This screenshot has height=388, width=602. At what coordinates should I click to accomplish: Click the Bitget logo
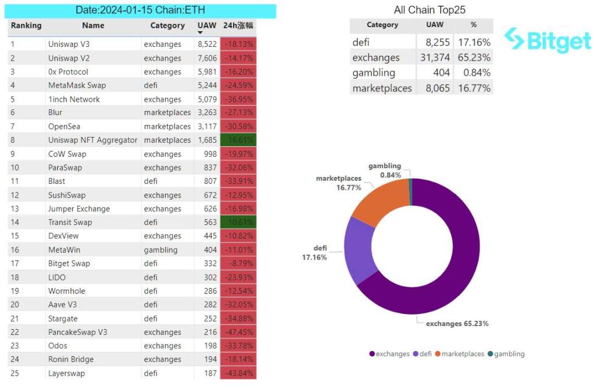pos(547,40)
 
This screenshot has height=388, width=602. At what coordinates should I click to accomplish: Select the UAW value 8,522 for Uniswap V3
pos(207,45)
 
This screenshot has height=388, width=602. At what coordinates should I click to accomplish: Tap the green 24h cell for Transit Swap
pos(238,223)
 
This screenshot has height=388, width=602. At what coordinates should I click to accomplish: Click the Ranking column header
pos(26,25)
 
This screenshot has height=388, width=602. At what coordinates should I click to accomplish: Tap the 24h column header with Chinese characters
pos(238,25)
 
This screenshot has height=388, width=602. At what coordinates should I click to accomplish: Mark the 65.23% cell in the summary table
pos(474,58)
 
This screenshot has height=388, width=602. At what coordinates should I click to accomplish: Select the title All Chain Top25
pos(429,10)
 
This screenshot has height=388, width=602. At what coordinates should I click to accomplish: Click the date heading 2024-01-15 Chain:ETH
pos(140,10)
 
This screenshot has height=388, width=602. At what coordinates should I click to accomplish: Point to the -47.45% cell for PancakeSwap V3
pos(238,332)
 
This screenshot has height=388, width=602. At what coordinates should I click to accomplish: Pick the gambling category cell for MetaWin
pos(160,250)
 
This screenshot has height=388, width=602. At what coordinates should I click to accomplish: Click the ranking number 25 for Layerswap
pos(15,374)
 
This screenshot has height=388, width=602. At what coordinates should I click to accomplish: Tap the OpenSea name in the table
pos(64,127)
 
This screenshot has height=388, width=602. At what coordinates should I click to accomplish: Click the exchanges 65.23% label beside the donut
pos(457,324)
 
